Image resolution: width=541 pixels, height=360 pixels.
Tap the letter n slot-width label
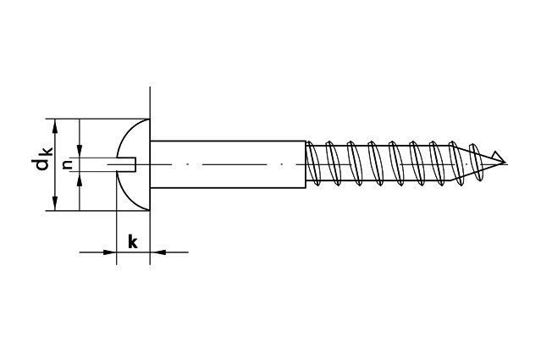click(69, 164)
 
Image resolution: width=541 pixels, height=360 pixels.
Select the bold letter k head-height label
click(133, 241)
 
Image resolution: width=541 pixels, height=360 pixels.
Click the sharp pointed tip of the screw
click(505, 163)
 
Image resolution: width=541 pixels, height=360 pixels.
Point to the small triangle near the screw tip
click(498, 156)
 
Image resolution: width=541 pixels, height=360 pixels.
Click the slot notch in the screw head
click(127, 164)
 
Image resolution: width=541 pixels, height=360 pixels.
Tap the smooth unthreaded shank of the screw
click(228, 164)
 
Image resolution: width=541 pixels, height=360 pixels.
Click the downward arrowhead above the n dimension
click(80, 151)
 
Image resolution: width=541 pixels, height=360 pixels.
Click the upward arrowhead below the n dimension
click(80, 178)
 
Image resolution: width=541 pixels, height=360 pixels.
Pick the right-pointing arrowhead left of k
click(110, 252)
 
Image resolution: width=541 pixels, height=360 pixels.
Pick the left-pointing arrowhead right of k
click(157, 252)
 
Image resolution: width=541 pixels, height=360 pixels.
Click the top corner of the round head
click(150, 119)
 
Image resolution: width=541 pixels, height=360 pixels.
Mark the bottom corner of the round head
click(150, 211)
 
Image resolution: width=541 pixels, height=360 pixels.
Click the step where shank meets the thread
click(306, 164)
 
